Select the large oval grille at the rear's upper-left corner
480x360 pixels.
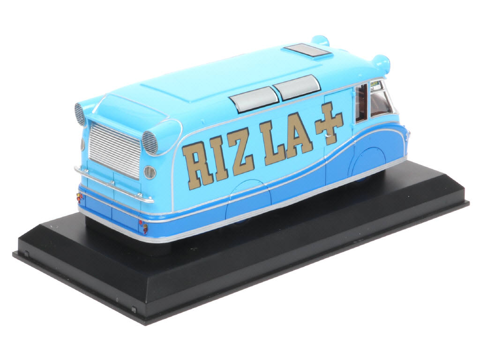click(80, 114)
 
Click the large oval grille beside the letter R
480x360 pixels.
click(150, 142)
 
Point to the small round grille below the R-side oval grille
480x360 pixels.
click(150, 172)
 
